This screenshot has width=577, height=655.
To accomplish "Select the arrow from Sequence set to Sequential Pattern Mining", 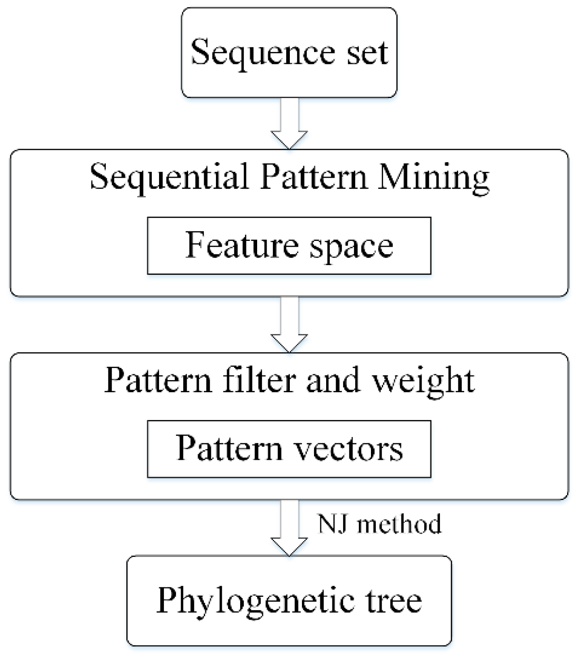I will (289, 123).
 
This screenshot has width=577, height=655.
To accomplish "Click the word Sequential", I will (169, 177).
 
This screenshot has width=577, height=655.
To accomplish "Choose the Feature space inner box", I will (289, 246).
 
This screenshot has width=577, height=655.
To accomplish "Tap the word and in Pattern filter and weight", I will (333, 380).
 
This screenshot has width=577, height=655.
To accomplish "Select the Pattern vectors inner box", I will (289, 449).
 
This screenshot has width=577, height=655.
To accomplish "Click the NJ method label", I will (379, 523).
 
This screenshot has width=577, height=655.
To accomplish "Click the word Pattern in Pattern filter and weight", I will (158, 380).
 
